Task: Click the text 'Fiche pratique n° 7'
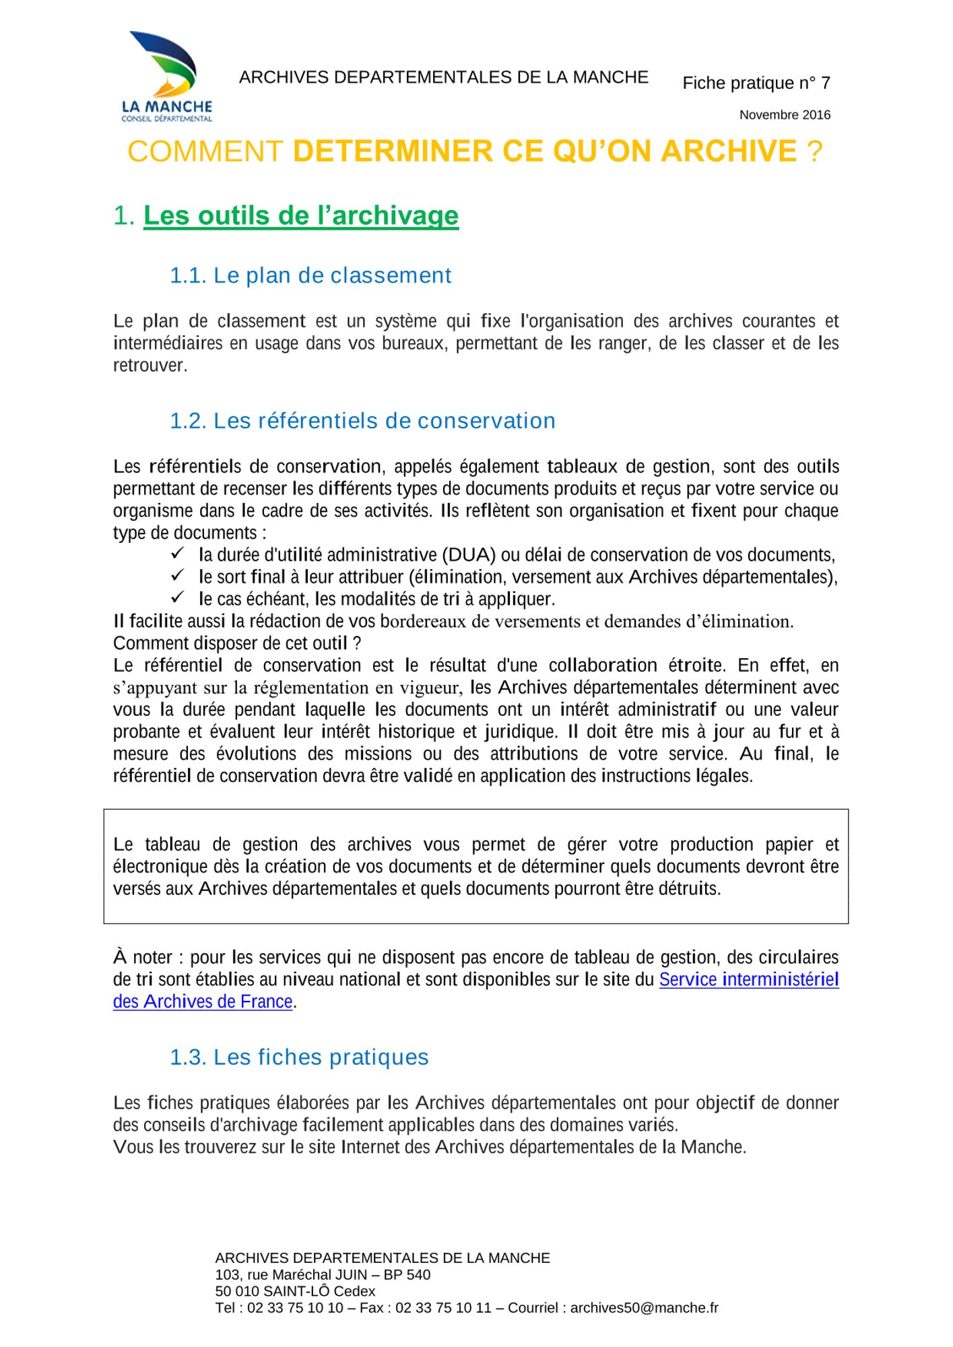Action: pos(756,83)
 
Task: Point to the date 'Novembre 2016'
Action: pos(785,115)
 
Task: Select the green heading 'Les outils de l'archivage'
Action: pos(301,216)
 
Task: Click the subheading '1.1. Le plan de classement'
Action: pos(310,275)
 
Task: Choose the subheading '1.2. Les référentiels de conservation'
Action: pos(362,421)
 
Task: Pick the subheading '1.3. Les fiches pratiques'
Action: pos(299,1057)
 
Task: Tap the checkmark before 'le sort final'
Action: pos(178,576)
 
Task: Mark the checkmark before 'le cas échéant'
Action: pos(178,597)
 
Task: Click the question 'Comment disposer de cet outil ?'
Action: pos(237,643)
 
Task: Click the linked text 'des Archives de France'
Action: pos(203,1001)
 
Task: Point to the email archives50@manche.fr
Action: pos(644,1308)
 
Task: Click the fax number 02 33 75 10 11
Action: pos(443,1308)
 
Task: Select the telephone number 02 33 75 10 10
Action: pos(295,1308)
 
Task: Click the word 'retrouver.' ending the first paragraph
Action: pos(150,366)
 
